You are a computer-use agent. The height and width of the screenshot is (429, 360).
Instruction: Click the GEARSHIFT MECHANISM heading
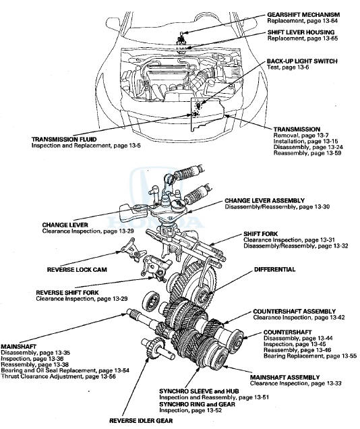tap(303, 15)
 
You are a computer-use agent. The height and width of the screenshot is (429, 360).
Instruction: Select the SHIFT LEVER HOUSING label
tap(301, 32)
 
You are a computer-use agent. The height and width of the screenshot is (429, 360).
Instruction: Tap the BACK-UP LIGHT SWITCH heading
tap(302, 61)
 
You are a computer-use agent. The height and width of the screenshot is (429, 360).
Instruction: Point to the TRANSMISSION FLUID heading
tap(64, 140)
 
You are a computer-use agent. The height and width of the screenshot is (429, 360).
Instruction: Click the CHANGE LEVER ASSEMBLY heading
tap(264, 201)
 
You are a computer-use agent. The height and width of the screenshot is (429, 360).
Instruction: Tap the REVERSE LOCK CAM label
tap(77, 270)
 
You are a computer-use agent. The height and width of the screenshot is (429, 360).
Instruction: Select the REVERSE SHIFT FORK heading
tap(67, 293)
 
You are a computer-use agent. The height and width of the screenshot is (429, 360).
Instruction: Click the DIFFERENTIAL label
tap(274, 269)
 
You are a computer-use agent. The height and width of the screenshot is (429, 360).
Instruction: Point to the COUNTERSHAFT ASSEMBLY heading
tap(294, 312)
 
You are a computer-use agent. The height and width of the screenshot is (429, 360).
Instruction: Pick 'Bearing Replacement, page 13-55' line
tap(310, 356)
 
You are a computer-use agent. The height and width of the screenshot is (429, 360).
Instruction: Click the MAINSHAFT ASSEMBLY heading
tap(284, 378)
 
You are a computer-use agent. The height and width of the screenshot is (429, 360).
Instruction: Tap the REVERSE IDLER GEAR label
tap(141, 421)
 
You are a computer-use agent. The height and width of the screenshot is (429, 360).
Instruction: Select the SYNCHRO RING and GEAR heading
tap(197, 404)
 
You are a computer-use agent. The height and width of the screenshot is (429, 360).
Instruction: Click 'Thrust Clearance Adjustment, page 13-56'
tap(58, 376)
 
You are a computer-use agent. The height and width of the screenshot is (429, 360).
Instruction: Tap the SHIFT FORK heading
tap(260, 234)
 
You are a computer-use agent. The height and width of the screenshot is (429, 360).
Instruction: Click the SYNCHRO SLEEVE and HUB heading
tap(199, 391)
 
